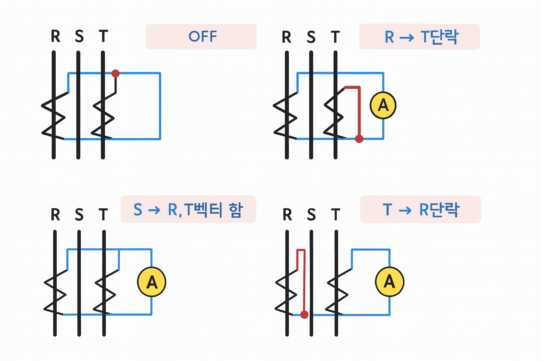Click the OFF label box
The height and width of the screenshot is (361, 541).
tap(201, 37)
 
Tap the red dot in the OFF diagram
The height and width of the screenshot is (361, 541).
tap(115, 73)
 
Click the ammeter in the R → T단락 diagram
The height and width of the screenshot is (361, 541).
tap(383, 105)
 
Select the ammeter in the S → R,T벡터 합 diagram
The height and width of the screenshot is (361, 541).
tap(151, 282)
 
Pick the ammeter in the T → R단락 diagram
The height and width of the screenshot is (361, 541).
tap(389, 282)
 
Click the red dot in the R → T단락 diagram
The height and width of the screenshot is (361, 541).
tap(359, 139)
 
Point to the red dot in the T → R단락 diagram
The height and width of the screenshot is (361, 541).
tap(304, 314)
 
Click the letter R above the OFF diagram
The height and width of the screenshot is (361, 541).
tap(55, 36)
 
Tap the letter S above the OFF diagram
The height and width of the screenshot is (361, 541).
tap(79, 36)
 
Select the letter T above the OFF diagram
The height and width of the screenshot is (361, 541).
tap(103, 36)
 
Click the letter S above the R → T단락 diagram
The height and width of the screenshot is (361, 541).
tap(311, 37)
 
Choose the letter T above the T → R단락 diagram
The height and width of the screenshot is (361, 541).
tap(336, 214)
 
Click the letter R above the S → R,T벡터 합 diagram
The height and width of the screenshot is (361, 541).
tap(55, 214)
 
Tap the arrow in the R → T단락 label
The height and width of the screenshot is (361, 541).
tap(407, 37)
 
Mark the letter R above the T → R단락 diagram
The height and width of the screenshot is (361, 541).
tap(287, 214)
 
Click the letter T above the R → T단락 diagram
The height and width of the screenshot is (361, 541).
tap(335, 37)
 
